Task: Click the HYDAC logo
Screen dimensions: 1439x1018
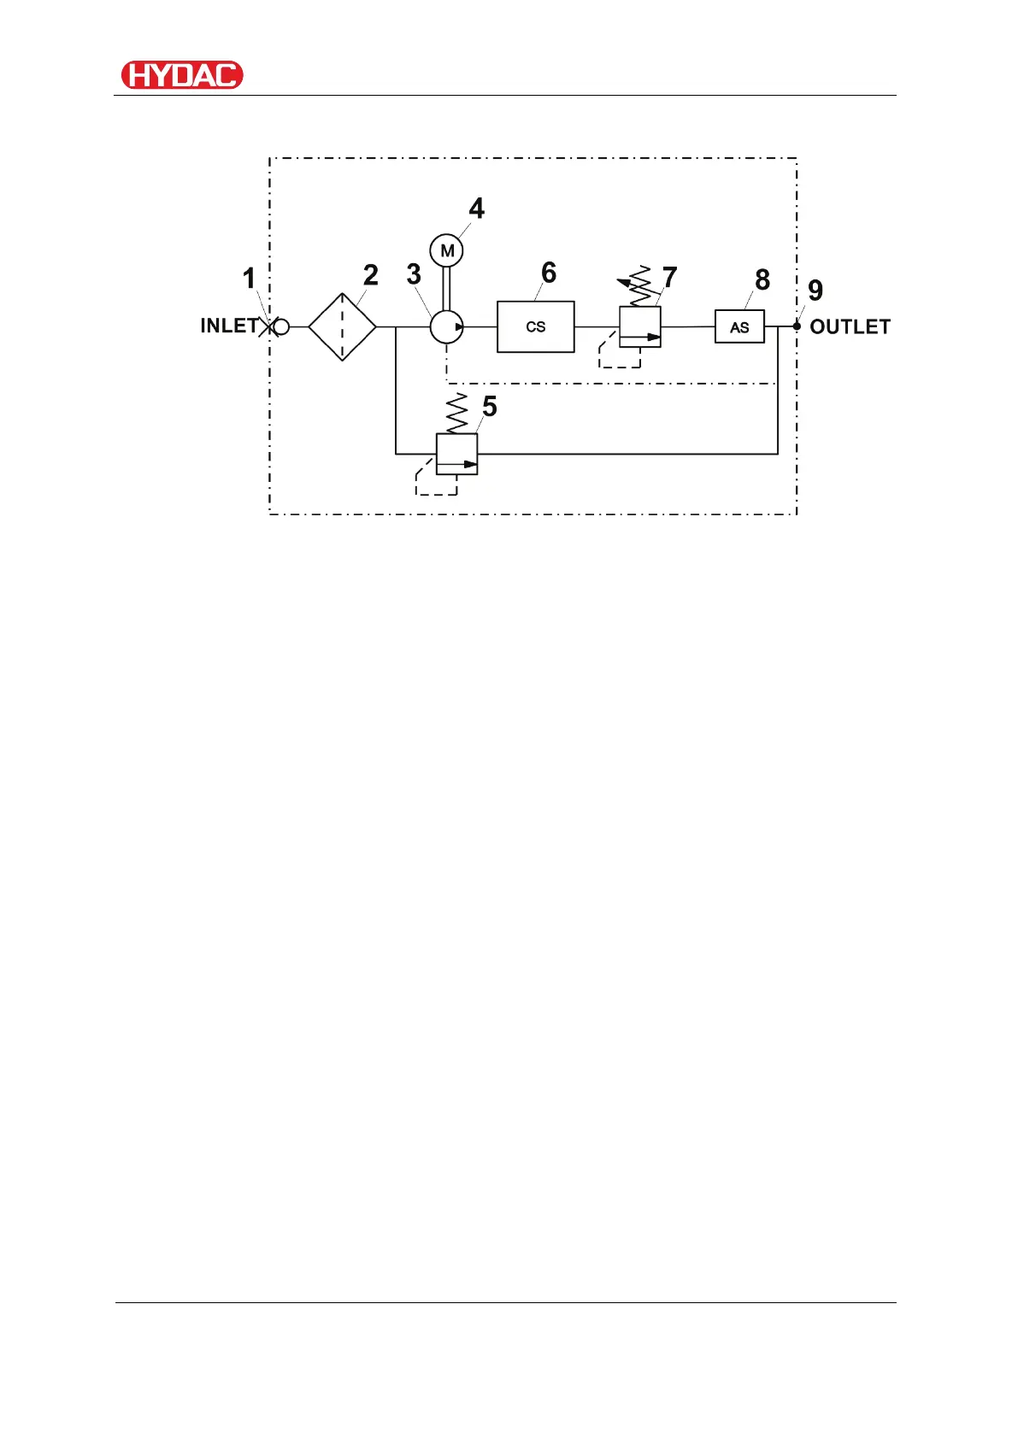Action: [182, 75]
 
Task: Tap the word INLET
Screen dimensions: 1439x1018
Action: [228, 326]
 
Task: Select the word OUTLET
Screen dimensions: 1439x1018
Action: [850, 327]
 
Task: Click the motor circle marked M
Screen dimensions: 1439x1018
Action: [446, 251]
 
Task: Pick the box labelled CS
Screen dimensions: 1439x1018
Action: [536, 326]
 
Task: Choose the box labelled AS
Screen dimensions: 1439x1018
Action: [739, 326]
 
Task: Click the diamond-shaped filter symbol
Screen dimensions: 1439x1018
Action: [342, 326]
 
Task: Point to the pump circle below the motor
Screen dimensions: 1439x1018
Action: [446, 326]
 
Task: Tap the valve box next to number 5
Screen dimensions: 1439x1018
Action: [456, 454]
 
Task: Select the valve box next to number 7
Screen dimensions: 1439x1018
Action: [640, 326]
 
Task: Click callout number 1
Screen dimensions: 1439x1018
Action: [249, 279]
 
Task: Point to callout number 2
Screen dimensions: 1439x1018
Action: [370, 275]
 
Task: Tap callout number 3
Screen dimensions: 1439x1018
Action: [414, 274]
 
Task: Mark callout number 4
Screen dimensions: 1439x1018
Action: [477, 209]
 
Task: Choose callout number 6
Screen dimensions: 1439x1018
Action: [549, 273]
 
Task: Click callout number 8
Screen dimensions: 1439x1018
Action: [762, 279]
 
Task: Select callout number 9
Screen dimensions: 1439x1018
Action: [815, 291]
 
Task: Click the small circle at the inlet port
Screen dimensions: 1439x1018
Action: [280, 326]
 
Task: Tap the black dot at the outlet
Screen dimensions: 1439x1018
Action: [797, 326]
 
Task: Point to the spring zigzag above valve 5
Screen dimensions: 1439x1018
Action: [457, 414]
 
